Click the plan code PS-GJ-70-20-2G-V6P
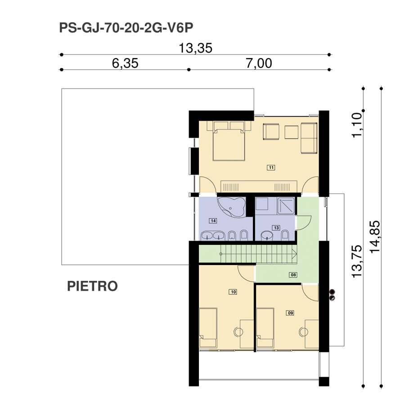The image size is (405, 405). [x=126, y=28]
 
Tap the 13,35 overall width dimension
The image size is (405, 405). [x=196, y=48]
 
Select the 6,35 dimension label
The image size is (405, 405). [x=125, y=63]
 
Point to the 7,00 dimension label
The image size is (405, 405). [x=259, y=63]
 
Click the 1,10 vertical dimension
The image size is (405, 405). [x=357, y=125]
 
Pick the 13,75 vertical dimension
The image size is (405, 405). [x=357, y=261]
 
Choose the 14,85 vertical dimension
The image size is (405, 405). [x=375, y=237]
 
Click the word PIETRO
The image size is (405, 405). [x=92, y=286]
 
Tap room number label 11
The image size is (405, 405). [x=271, y=168]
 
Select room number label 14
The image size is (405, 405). [x=213, y=220]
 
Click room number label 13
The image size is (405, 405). [x=276, y=228]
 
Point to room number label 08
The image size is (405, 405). [x=293, y=274]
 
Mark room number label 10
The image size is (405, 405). [x=233, y=292]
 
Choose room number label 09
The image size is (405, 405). [x=290, y=313]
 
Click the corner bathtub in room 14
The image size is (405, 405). [x=231, y=207]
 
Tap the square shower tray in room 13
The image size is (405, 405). [x=286, y=206]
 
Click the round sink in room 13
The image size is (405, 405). [x=267, y=235]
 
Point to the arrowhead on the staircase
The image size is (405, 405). [x=294, y=254]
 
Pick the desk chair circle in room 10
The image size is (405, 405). [x=238, y=332]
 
